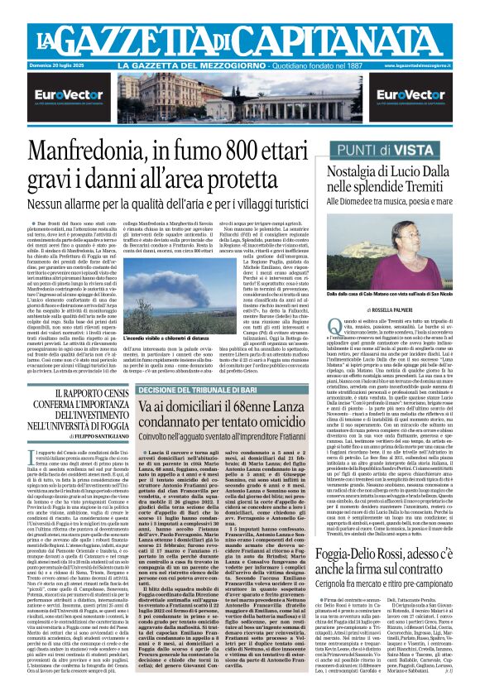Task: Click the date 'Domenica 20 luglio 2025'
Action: [x=60, y=65]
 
